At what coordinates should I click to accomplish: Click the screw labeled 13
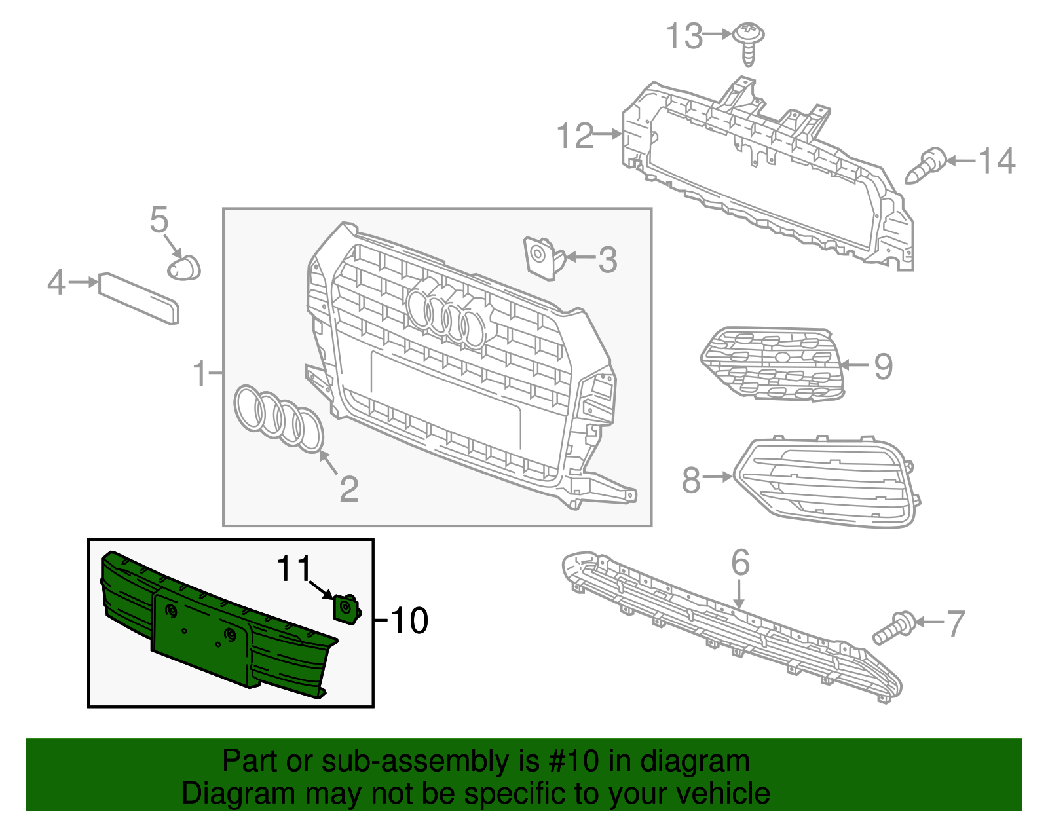click(x=750, y=42)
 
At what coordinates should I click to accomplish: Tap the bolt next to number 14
click(x=925, y=166)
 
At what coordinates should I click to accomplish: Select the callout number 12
click(x=574, y=136)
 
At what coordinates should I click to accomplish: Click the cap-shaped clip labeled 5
click(x=184, y=267)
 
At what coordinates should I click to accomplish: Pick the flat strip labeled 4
click(x=138, y=299)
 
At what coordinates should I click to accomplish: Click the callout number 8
click(x=690, y=480)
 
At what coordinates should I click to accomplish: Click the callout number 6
click(x=740, y=563)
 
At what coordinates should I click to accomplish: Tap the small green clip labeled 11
click(x=345, y=608)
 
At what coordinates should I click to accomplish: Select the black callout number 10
click(x=409, y=620)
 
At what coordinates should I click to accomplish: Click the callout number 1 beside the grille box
click(x=200, y=373)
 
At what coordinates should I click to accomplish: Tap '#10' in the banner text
click(x=569, y=762)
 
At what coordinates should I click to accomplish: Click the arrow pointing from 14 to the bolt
click(x=960, y=160)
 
